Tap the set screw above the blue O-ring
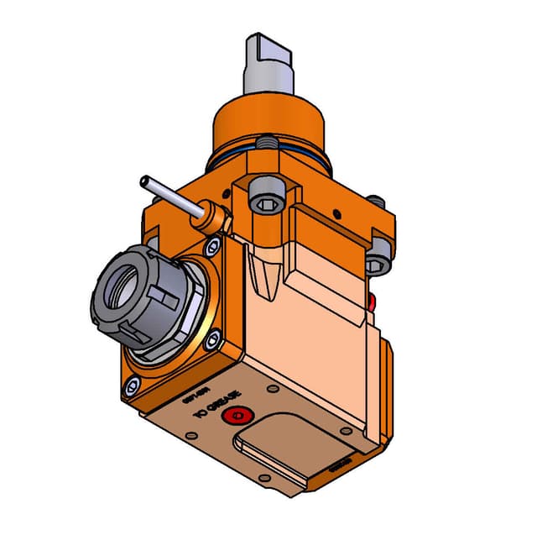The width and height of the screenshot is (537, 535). click(268, 144)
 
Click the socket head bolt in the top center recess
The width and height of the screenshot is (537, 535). click(268, 199)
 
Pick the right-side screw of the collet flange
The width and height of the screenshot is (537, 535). click(212, 338)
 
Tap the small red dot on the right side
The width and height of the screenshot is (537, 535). click(372, 302)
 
